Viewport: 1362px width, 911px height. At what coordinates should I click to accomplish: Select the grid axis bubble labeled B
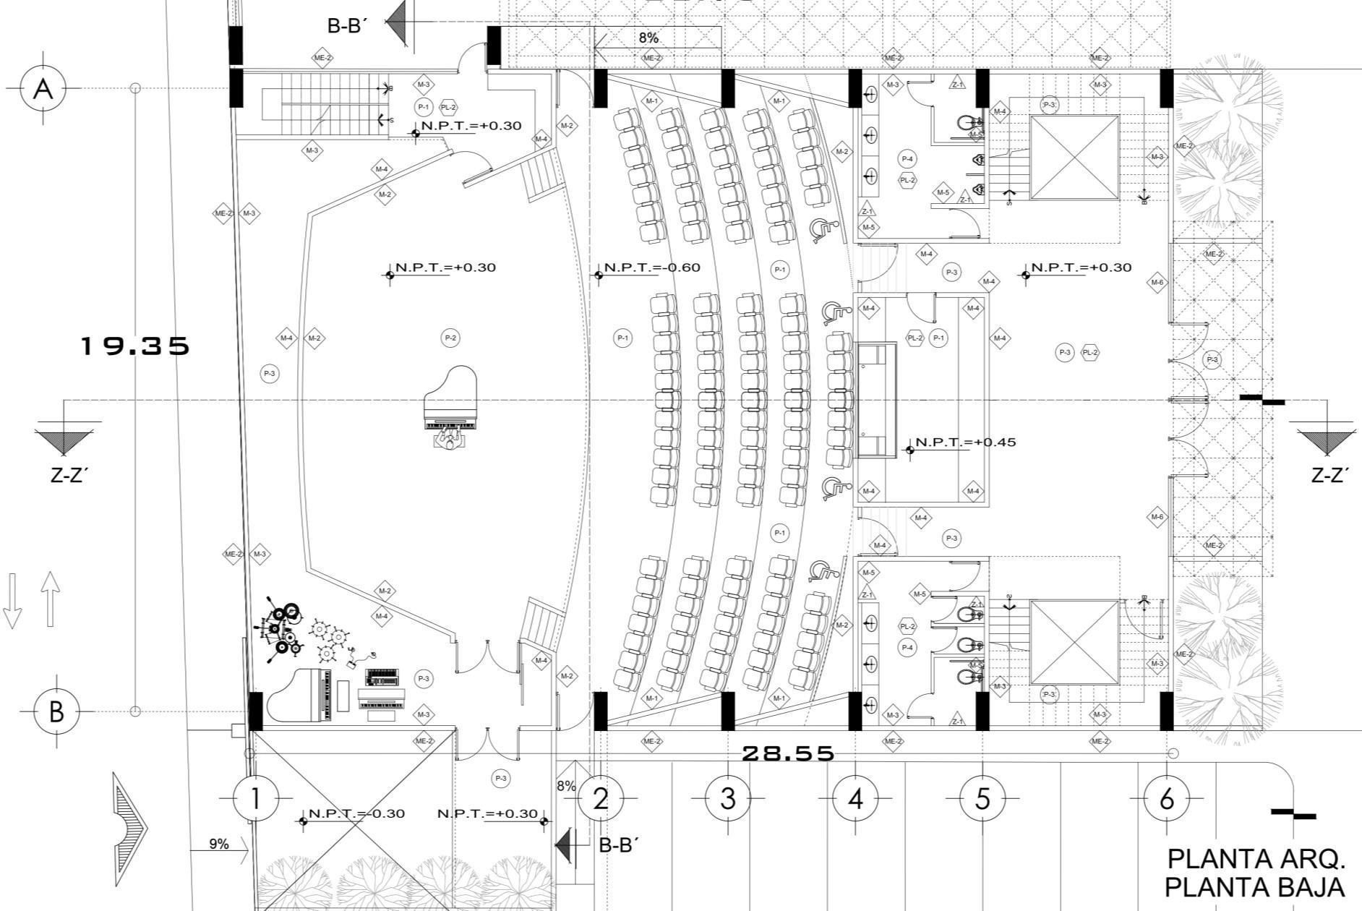(x=56, y=711)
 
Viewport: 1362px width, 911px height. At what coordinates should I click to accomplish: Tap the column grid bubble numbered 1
(x=254, y=799)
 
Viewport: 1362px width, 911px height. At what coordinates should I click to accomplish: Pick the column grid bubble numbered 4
(x=855, y=799)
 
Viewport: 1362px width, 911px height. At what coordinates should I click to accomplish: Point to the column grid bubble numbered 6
(x=1167, y=799)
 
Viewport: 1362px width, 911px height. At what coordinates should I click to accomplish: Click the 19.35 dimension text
(x=134, y=346)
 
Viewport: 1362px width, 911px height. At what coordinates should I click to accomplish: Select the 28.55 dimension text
(x=788, y=753)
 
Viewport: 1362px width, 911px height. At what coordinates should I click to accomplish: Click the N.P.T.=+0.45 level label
(x=965, y=442)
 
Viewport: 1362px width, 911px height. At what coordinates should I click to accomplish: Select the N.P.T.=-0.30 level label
(x=356, y=813)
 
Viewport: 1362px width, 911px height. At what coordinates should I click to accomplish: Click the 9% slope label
(x=219, y=844)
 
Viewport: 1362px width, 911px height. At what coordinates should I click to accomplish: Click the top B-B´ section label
(x=348, y=26)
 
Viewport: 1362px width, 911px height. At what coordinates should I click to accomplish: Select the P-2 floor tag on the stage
(x=450, y=338)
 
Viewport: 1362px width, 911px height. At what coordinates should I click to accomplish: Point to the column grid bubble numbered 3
(x=727, y=799)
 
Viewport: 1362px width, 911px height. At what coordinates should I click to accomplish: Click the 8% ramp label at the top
(x=648, y=38)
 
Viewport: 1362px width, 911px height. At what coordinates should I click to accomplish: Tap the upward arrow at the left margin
(x=48, y=599)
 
